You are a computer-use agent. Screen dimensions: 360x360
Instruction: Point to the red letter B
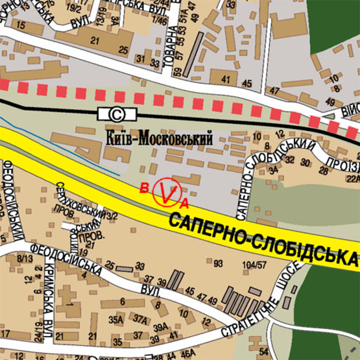143,188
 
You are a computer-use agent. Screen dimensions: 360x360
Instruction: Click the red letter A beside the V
184,203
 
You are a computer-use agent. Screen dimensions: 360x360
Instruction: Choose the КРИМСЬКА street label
49,299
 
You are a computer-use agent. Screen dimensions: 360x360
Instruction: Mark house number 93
217,263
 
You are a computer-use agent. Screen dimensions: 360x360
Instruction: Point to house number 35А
116,319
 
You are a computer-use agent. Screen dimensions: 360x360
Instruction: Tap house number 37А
140,319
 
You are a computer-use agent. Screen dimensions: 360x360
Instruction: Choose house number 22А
352,178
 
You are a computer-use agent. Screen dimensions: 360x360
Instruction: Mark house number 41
225,80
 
